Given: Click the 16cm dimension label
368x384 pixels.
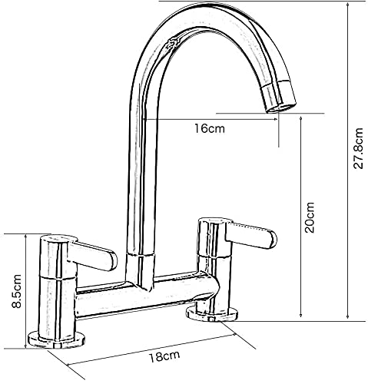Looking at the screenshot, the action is (210, 128).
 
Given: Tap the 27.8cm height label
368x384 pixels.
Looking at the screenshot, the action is (358, 148).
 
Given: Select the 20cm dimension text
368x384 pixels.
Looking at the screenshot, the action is (309, 217).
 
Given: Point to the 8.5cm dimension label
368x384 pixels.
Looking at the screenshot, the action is (17, 291).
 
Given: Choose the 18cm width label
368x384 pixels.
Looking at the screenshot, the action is (164, 356).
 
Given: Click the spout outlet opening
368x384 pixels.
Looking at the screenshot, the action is (281, 108).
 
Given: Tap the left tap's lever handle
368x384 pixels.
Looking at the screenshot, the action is (92, 256).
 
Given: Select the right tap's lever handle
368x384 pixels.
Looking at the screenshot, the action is (251, 236).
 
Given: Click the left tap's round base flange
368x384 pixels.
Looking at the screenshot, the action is (56, 341).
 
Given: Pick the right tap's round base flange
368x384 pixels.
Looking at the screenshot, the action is (212, 315).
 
